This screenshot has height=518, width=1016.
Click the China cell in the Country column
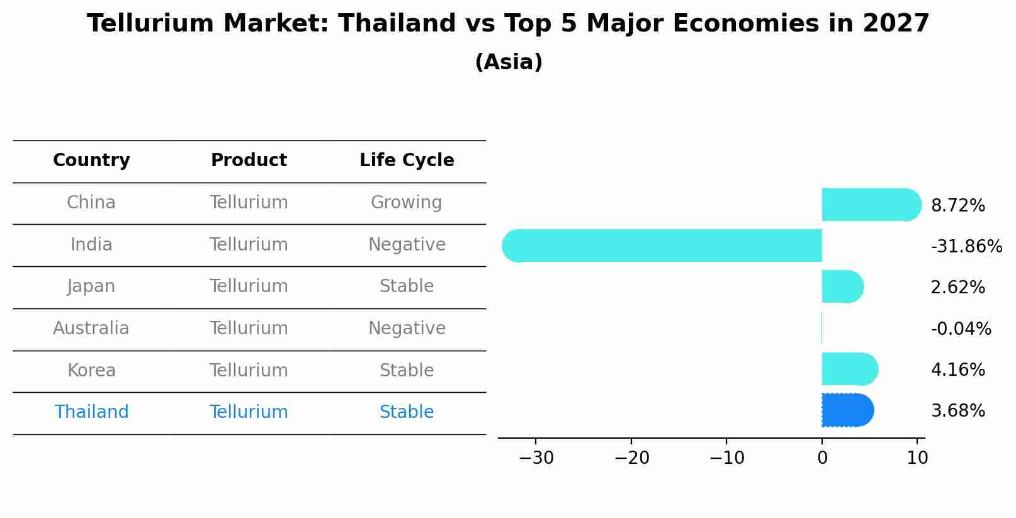click(91, 203)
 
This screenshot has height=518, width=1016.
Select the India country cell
click(91, 244)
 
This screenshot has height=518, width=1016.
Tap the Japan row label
click(91, 286)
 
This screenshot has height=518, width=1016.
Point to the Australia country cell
click(91, 329)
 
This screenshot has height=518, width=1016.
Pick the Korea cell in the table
click(91, 370)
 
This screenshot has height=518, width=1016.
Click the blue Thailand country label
click(91, 412)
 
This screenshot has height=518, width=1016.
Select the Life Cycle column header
click(407, 160)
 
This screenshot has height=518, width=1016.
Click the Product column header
click(249, 160)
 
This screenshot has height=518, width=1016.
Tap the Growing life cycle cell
click(406, 203)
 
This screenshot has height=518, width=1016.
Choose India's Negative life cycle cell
click(407, 244)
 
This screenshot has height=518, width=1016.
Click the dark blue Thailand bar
click(847, 410)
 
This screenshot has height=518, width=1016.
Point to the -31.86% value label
click(966, 247)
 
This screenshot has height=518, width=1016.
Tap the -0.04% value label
click(961, 329)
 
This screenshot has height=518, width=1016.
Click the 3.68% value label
click(957, 411)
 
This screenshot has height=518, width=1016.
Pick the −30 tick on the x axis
click(536, 458)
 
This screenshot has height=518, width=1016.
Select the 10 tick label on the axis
click(917, 458)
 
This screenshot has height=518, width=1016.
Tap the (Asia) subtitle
click(509, 62)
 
